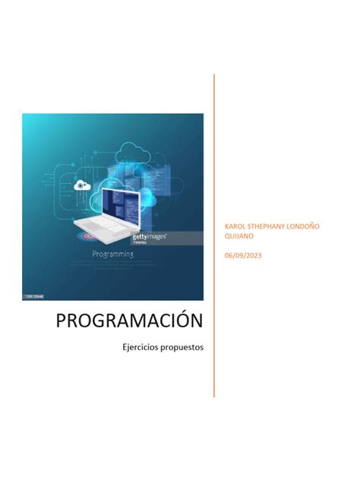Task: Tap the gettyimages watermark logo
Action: point(150,237)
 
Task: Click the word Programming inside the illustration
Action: point(112,254)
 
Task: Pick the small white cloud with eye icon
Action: point(81,185)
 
